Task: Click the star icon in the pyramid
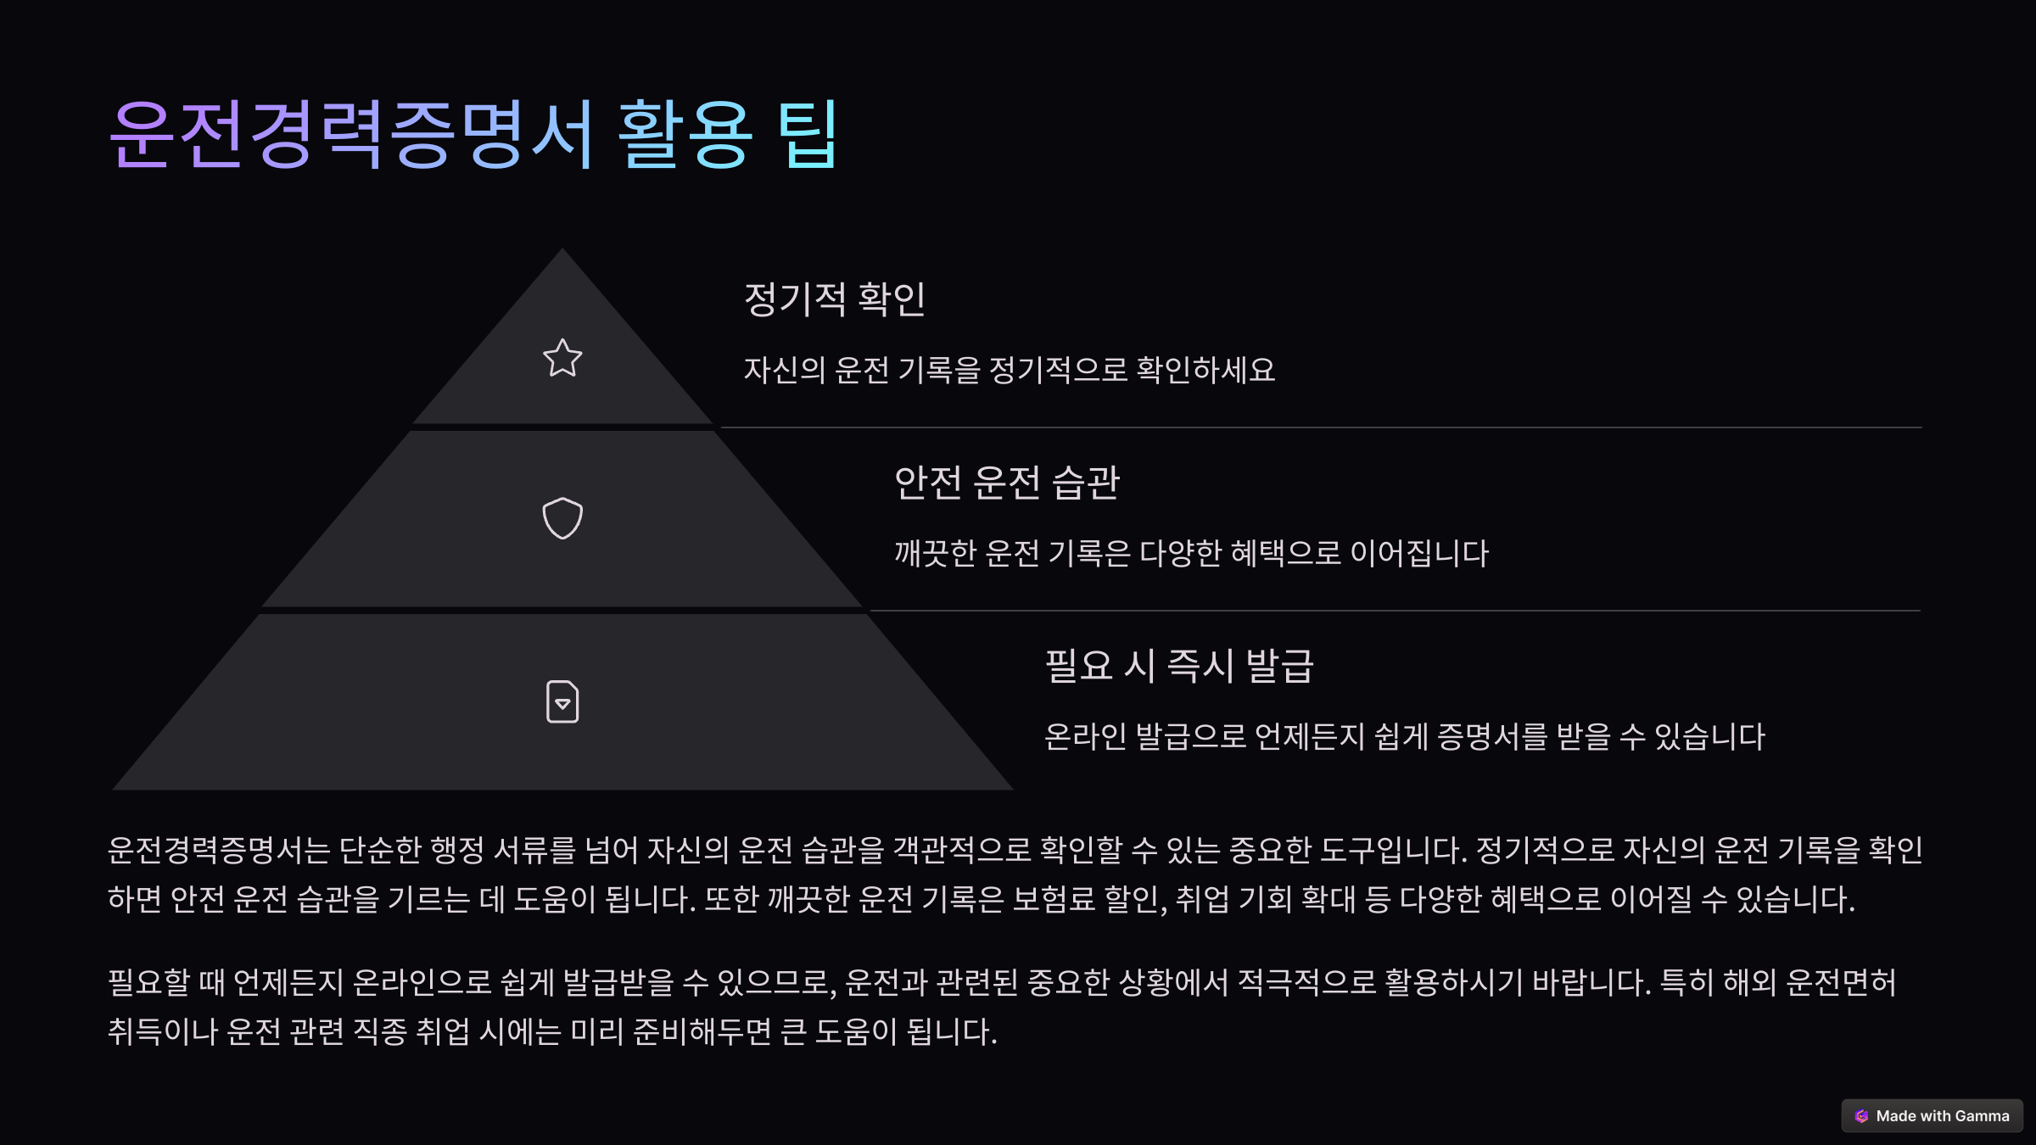pyautogui.click(x=562, y=358)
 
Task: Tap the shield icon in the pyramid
pyautogui.click(x=562, y=518)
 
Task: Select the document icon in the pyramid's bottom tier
pyautogui.click(x=562, y=702)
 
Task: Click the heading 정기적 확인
pyautogui.click(x=834, y=299)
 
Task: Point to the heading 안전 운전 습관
pyautogui.click(x=1007, y=483)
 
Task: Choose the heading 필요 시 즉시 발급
pyautogui.click(x=1179, y=666)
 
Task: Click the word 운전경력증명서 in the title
pyautogui.click(x=352, y=135)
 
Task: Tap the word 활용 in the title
pyautogui.click(x=685, y=135)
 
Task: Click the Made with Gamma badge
pyautogui.click(x=1932, y=1116)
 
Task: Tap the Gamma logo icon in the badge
pyautogui.click(x=1861, y=1116)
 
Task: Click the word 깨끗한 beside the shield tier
pyautogui.click(x=936, y=554)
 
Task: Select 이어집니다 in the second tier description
pyautogui.click(x=1419, y=554)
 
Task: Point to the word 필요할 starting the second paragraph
pyautogui.click(x=148, y=983)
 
